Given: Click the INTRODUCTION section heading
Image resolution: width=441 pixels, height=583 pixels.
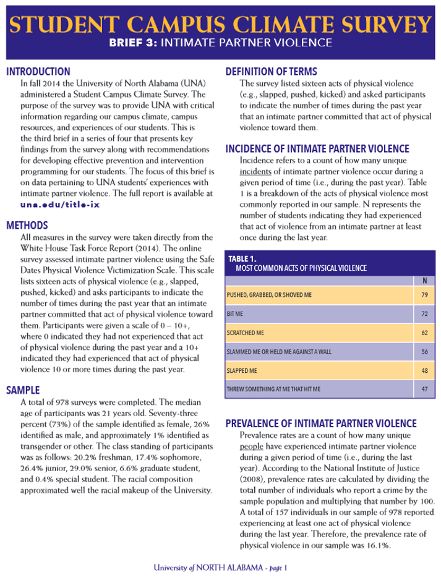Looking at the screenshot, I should coord(38,71).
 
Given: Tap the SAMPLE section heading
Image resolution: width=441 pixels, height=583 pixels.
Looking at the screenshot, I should coord(23,390).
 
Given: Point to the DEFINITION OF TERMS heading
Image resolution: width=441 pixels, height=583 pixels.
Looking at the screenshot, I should coord(271,71).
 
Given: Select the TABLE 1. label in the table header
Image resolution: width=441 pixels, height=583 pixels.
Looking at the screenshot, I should coord(242,258).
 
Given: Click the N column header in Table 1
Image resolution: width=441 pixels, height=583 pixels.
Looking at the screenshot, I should coord(424,281).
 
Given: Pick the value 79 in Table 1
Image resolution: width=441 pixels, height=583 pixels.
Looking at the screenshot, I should coord(424,295).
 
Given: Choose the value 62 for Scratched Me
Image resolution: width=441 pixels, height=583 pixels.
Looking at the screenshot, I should coord(424,333).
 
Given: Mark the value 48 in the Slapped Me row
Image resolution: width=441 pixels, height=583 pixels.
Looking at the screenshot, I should coord(424,371).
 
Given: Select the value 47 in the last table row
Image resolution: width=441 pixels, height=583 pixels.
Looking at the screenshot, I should coord(424,389).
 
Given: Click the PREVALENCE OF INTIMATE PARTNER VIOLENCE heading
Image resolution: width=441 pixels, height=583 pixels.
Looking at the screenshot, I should coord(320,423).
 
